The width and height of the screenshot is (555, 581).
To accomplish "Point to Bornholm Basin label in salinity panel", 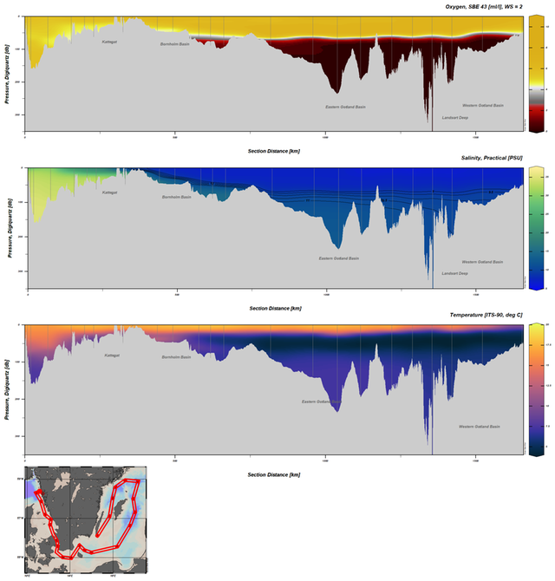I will [x=176, y=197].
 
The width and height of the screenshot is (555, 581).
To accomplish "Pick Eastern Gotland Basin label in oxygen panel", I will [x=345, y=107].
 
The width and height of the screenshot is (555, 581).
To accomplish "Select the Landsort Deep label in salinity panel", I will [x=454, y=273].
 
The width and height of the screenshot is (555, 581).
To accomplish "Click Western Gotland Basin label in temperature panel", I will [x=480, y=426].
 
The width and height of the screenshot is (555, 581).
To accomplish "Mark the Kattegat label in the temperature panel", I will [x=112, y=355].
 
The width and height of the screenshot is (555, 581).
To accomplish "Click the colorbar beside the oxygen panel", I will [x=537, y=74].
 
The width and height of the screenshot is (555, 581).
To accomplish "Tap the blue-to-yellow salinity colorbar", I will [x=537, y=227].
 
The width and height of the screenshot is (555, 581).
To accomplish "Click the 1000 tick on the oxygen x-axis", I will [x=325, y=137].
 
